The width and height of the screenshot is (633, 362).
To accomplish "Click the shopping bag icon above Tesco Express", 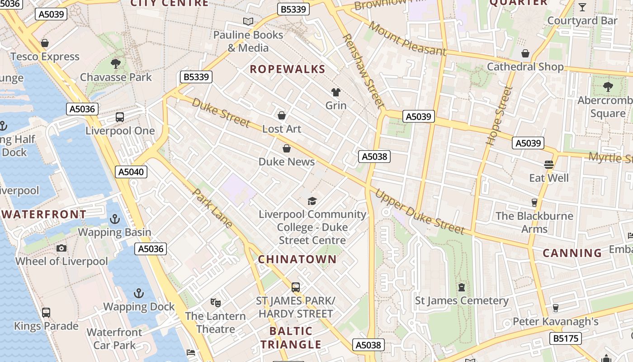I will (45, 43).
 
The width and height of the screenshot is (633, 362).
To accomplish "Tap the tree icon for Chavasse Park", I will (116, 63).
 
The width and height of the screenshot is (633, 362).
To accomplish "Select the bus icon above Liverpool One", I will (120, 117).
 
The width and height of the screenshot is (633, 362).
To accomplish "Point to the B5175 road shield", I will (565, 338).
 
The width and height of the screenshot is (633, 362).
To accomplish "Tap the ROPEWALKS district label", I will (287, 69).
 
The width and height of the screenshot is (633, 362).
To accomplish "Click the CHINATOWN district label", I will (297, 259).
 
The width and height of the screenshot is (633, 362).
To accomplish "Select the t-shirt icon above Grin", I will (335, 92).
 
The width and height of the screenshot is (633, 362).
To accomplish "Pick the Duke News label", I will (286, 162).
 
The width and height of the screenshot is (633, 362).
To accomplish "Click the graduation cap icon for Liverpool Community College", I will (312, 201).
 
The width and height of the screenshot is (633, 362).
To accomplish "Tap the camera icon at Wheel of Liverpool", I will (61, 248).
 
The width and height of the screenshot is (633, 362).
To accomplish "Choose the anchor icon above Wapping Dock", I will (139, 293).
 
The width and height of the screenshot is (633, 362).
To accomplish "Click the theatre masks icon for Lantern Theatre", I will (215, 302).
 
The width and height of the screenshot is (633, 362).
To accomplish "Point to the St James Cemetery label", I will (462, 300).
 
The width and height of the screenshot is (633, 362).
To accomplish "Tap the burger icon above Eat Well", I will (549, 164).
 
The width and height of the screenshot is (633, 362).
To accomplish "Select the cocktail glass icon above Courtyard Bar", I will (582, 7).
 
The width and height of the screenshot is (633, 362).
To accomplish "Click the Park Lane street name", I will (213, 208).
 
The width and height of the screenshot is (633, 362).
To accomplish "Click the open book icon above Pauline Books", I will (248, 21).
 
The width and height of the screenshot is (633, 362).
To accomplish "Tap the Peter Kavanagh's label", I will (555, 322).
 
